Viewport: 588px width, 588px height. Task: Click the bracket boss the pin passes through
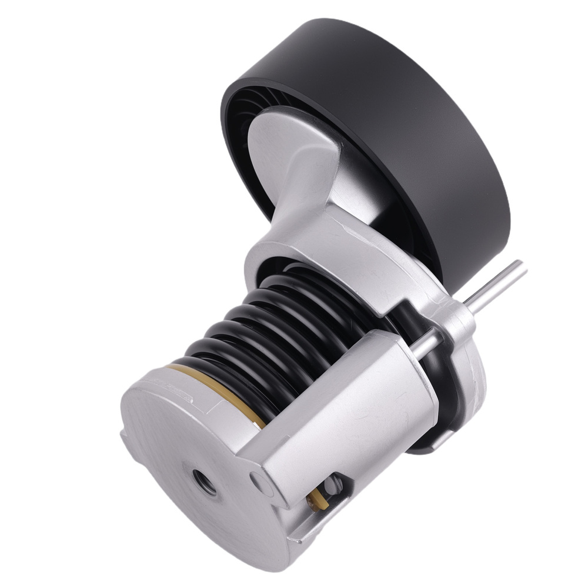pyautogui.click(x=459, y=318)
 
